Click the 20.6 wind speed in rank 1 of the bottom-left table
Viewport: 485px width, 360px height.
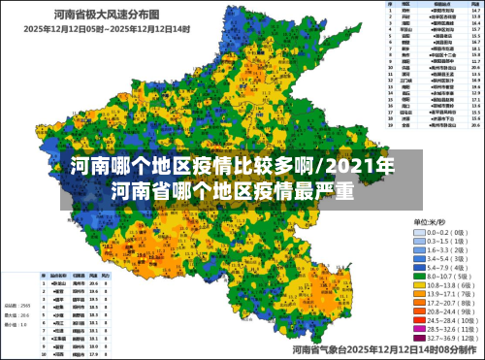(92, 282)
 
